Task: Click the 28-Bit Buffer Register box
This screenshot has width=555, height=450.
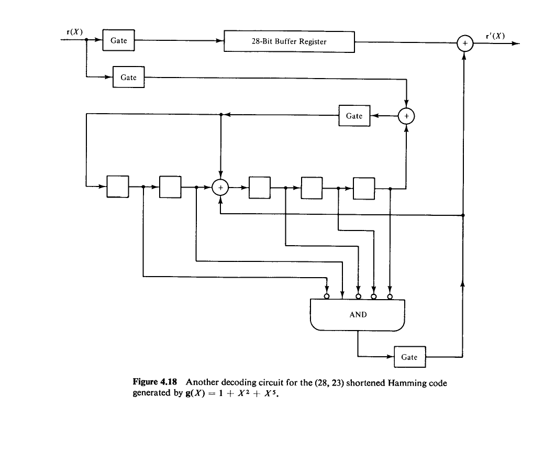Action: [x=290, y=41]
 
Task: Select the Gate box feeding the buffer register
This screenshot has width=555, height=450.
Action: [x=119, y=40]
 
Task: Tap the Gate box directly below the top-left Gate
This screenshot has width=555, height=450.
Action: [x=129, y=78]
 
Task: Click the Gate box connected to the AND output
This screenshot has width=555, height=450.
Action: [x=409, y=357]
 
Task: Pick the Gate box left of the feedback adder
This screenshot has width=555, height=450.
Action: [x=354, y=116]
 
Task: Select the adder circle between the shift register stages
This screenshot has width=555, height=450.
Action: [x=221, y=187]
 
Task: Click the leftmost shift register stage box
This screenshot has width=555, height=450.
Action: [x=118, y=187]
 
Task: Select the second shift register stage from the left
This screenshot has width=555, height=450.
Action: [x=170, y=187]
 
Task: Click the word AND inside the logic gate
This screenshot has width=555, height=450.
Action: [x=358, y=315]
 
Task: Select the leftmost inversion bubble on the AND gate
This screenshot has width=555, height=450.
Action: [x=327, y=297]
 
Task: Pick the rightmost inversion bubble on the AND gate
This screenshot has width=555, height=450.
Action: [x=390, y=297]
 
